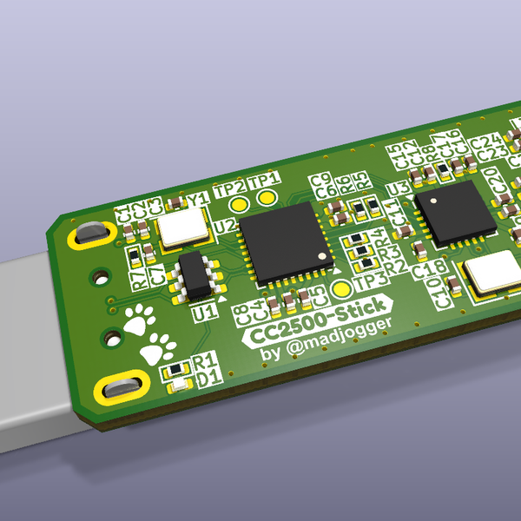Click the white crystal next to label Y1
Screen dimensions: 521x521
pyautogui.click(x=183, y=228)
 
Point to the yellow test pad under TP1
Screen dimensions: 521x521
pyautogui.click(x=267, y=200)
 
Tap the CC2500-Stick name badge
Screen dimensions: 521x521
pyautogui.click(x=318, y=326)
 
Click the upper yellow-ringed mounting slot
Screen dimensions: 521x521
pyautogui.click(x=89, y=234)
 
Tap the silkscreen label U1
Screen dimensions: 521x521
pyautogui.click(x=207, y=310)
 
